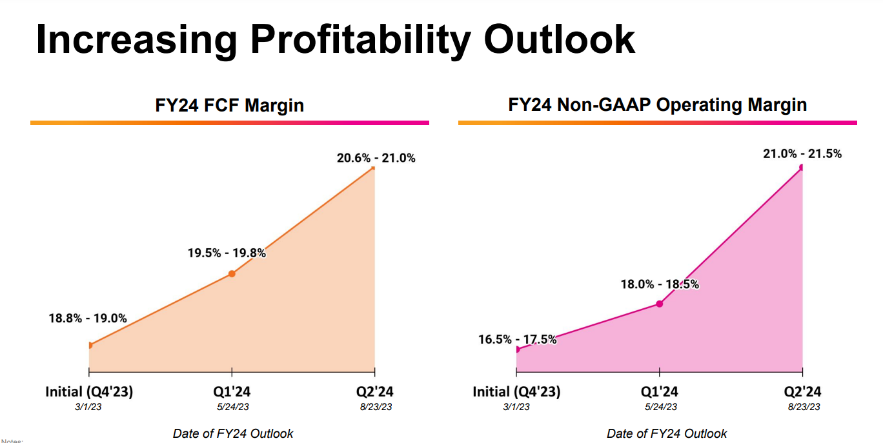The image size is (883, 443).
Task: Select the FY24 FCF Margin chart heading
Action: pyautogui.click(x=229, y=105)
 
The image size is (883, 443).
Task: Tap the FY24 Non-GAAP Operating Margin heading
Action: pyautogui.click(x=657, y=105)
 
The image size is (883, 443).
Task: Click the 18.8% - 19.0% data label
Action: pyautogui.click(x=88, y=318)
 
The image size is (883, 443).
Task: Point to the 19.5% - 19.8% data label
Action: pyautogui.click(x=227, y=253)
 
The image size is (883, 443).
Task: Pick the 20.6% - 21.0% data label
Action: pyautogui.click(x=376, y=158)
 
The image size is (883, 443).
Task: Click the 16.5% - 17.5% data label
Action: pyautogui.click(x=517, y=339)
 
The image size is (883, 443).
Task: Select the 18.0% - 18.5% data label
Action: pyautogui.click(x=660, y=284)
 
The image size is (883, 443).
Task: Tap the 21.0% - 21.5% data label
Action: pyautogui.click(x=802, y=154)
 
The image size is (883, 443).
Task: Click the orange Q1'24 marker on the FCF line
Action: pyautogui.click(x=232, y=273)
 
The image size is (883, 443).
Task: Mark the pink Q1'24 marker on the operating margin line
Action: pyautogui.click(x=660, y=303)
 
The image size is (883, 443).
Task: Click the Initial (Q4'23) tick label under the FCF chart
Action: pyautogui.click(x=89, y=391)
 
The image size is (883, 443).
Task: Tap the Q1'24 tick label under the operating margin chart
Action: pyautogui.click(x=659, y=391)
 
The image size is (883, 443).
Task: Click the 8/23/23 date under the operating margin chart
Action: pyautogui.click(x=803, y=407)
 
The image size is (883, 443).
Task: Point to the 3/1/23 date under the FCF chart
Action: pyautogui.click(x=89, y=407)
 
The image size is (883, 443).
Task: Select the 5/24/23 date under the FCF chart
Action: pyautogui.click(x=231, y=407)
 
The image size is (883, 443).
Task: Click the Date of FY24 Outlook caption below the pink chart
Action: pyautogui.click(x=667, y=433)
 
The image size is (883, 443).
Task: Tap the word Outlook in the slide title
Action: pyautogui.click(x=560, y=40)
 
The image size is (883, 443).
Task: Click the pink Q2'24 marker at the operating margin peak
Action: pyautogui.click(x=802, y=167)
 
